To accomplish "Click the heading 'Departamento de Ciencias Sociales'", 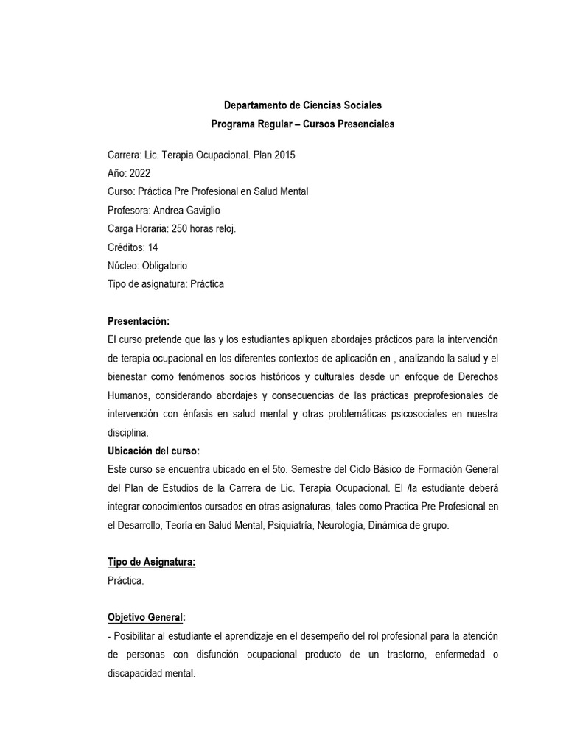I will point(303,105).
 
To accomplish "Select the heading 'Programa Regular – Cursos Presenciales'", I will point(303,124).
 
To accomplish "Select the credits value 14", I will point(153,247).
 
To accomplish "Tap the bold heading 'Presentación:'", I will point(139,322).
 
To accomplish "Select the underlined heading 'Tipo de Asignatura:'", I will point(152,563).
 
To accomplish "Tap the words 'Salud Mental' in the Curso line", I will point(280,191).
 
